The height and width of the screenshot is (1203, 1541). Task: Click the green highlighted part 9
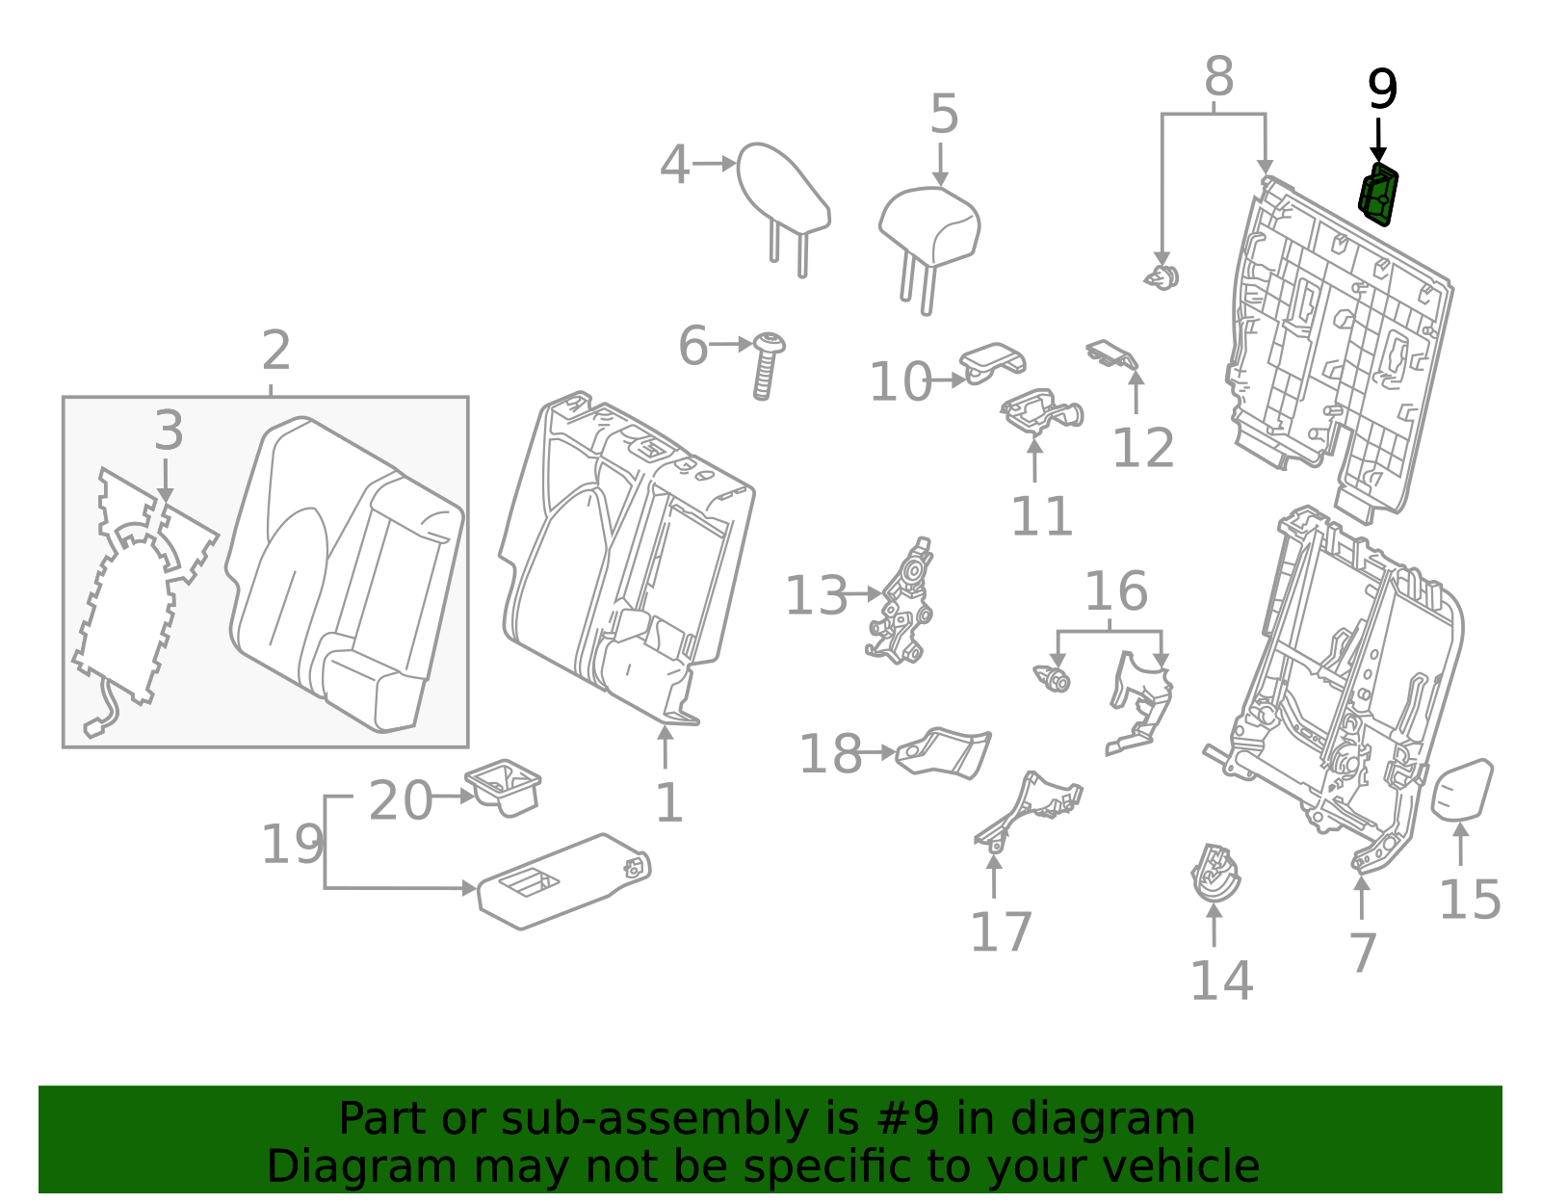coord(1378,195)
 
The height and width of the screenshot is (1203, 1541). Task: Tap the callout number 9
coord(1382,91)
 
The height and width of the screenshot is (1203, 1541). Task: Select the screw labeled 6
coord(767,365)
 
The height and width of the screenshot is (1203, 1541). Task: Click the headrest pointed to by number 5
coord(930,228)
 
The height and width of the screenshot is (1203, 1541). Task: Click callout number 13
coord(816,596)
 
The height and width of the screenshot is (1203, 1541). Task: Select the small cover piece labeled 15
coord(1462,789)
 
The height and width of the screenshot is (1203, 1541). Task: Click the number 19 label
coord(293,845)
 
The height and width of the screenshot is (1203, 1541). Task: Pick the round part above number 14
coord(1215,874)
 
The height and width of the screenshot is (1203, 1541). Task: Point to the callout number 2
coord(275,350)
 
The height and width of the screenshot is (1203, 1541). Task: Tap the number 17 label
coord(1001,931)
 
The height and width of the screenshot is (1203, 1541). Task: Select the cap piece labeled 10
coord(992,361)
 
